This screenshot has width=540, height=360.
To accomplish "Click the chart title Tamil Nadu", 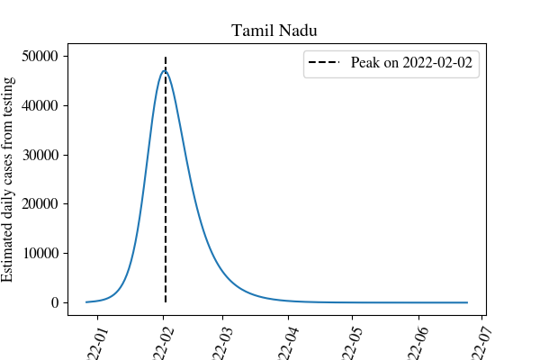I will [274, 31].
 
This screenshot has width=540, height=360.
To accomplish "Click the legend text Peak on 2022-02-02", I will [412, 64].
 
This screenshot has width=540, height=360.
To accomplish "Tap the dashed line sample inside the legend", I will [328, 64].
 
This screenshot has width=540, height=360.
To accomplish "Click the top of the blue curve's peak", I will [165, 70].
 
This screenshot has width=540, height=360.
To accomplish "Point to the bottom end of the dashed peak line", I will [166, 302].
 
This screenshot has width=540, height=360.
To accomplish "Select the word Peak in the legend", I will [365, 64].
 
